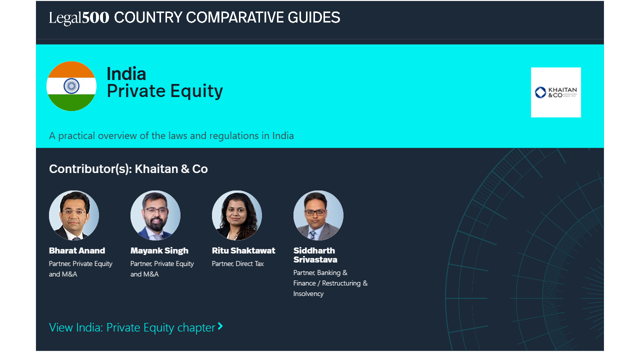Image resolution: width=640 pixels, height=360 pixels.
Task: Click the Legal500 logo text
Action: pos(79,17)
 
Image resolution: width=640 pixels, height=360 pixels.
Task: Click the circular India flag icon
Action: pos(71,86)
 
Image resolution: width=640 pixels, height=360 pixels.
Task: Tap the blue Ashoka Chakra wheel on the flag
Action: pos(71,85)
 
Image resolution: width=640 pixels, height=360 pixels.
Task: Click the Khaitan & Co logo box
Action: pos(555,92)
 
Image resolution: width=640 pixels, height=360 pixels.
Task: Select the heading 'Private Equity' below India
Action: pos(165,91)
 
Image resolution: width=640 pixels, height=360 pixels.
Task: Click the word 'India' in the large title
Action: pos(126,74)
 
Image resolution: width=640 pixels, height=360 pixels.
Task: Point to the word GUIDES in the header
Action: pos(313,17)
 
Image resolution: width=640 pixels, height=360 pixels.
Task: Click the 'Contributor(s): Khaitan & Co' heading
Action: pos(128,169)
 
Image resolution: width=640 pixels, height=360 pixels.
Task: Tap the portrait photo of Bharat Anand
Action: pos(74,215)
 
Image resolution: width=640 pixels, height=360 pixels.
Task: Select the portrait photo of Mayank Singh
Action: pos(155,215)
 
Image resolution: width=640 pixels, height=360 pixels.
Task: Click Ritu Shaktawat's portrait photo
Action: pos(237,215)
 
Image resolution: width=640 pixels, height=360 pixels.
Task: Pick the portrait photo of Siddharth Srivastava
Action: pos(318,215)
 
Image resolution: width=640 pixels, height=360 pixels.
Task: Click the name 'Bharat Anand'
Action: pos(77,250)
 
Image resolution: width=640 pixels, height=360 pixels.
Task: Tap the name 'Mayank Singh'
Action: pos(159,251)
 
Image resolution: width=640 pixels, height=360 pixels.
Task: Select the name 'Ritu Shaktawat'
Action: pos(243,250)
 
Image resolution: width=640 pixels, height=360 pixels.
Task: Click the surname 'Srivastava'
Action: pos(315,259)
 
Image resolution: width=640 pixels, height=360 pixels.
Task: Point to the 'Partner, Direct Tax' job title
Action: pos(237,263)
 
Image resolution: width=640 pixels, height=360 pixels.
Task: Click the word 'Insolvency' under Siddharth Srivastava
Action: pos(308,293)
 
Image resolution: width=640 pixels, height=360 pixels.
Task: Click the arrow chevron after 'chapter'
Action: pos(220,326)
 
